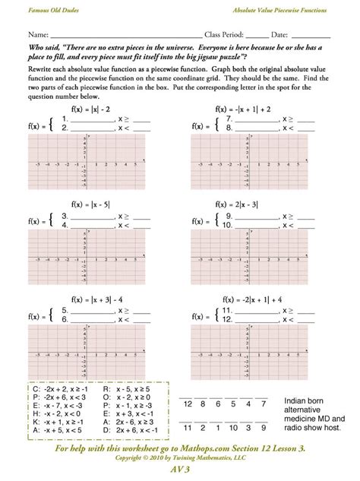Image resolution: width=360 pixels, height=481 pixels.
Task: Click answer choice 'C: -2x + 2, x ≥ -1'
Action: [60, 399]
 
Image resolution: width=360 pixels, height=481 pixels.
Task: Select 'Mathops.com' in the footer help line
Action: [186, 450]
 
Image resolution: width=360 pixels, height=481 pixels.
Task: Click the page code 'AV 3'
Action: [179, 471]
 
